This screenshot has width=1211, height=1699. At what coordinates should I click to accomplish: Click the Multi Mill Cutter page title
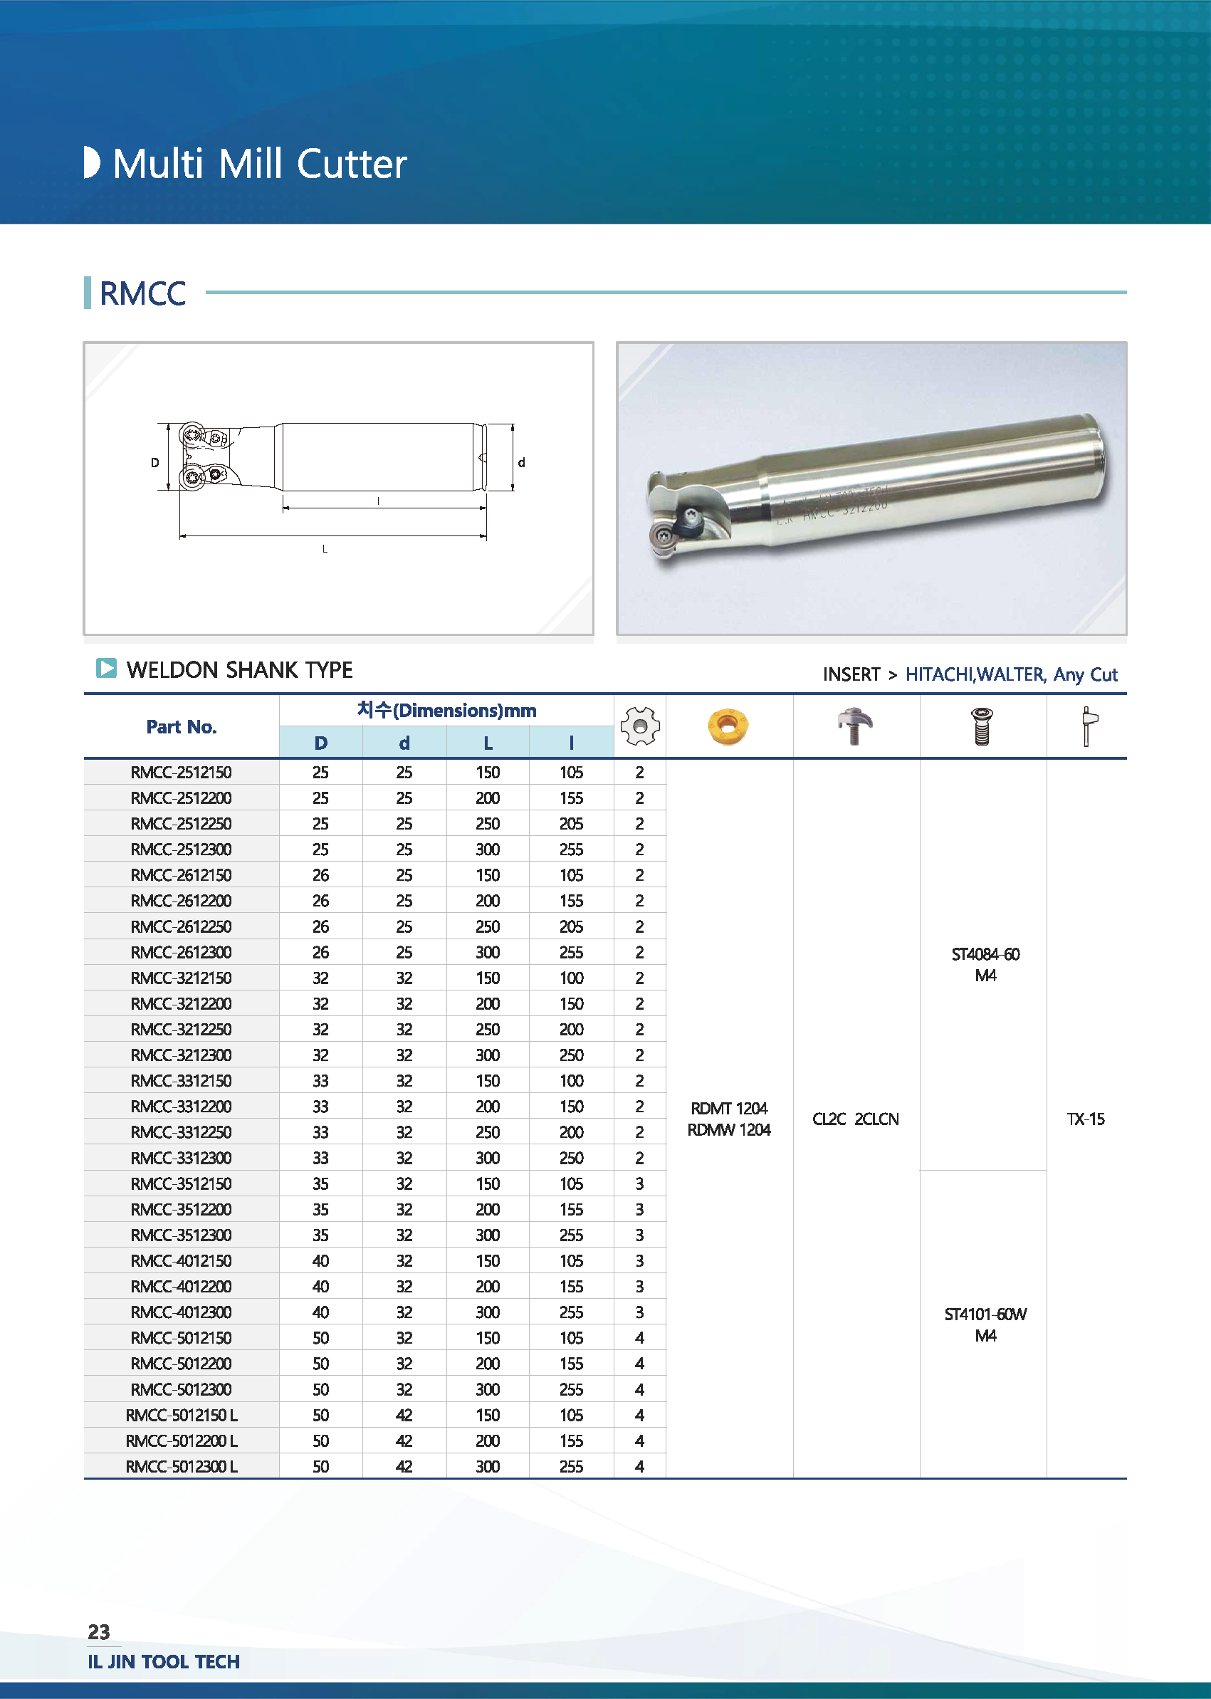(x=258, y=164)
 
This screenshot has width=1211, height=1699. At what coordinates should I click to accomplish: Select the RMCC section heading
(x=142, y=293)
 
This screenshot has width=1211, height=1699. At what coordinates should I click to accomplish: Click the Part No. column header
(x=182, y=726)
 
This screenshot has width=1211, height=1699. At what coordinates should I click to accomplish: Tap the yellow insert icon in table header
(x=728, y=726)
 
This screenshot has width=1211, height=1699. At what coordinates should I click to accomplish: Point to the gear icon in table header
(x=640, y=726)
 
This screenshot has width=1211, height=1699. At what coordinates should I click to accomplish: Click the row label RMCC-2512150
(x=182, y=773)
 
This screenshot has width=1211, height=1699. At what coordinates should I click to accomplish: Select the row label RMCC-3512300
(x=182, y=1235)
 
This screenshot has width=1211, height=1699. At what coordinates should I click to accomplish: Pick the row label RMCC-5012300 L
(x=182, y=1466)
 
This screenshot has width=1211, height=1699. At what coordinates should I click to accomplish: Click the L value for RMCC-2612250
(x=488, y=926)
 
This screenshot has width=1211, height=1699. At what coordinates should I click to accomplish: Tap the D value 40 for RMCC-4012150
(x=320, y=1260)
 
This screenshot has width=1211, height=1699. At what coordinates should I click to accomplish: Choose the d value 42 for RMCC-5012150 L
(x=404, y=1415)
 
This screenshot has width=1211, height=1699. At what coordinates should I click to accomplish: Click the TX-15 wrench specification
(x=1086, y=1119)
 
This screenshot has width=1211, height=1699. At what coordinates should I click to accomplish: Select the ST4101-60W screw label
(x=985, y=1314)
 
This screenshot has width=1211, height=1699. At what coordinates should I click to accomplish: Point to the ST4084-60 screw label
(x=985, y=954)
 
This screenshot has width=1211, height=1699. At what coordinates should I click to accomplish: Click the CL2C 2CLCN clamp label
(x=855, y=1119)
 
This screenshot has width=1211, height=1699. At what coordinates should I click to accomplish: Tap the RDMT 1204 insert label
(x=728, y=1108)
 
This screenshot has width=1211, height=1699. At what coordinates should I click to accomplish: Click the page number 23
(x=98, y=1632)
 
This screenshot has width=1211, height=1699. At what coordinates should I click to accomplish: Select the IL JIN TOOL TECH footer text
(x=163, y=1662)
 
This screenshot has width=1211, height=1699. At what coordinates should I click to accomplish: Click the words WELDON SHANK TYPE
(x=239, y=670)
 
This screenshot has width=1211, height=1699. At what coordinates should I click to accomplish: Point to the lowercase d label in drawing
(x=521, y=462)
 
